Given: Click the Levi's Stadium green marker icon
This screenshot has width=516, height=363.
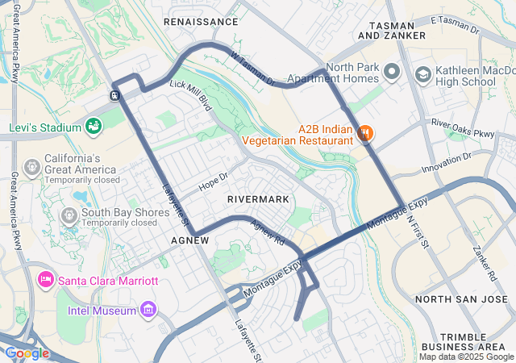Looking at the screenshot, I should pos(94,127).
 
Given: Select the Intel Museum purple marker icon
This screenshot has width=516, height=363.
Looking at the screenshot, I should pos(148,308).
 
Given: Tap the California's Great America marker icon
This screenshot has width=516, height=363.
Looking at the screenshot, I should pos(32,167).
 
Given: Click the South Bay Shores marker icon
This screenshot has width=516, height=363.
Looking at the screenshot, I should pos(69,215).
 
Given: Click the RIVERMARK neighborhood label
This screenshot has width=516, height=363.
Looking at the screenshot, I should pos(257,198).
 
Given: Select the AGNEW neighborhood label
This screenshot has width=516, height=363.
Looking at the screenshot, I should pos(191,240).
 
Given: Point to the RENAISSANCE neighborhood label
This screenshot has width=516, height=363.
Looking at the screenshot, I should pos(201,22).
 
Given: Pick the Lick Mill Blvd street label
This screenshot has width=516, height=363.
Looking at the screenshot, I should pos(190,94).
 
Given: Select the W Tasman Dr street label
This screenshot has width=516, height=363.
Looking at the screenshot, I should pos(252,69).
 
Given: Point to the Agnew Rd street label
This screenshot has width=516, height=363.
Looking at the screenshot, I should pos(268,233).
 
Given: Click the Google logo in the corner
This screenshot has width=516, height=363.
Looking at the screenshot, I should pos(27,353).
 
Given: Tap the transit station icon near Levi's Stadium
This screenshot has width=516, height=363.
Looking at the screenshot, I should pos(115,95).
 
